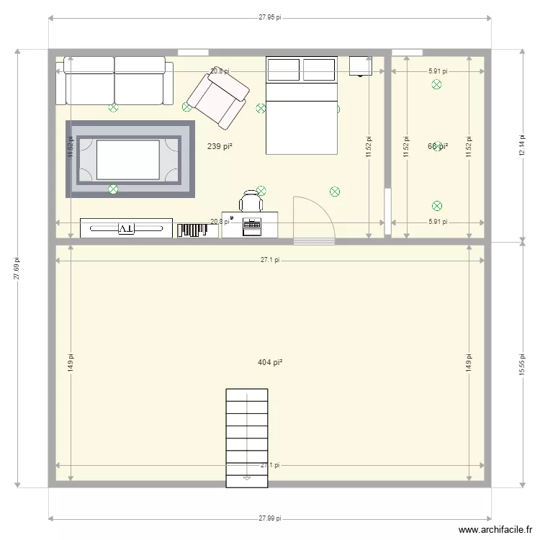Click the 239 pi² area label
[x=220, y=146]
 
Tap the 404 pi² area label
[x=269, y=362]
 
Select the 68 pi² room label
[x=438, y=146]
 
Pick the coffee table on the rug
[x=128, y=159]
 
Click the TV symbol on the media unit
[x=126, y=228]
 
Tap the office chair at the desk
[x=251, y=201]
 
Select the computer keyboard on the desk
[x=252, y=225]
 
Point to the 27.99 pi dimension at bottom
[x=270, y=518]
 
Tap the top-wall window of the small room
[x=407, y=52]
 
